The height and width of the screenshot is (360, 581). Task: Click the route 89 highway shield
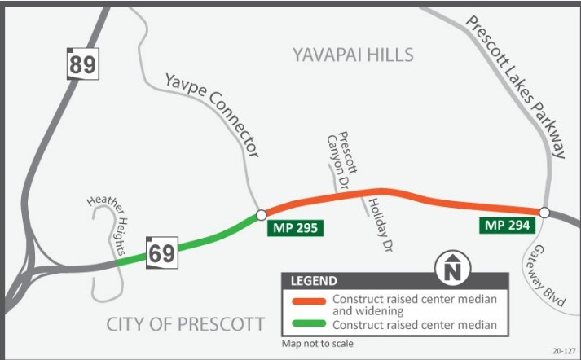82,64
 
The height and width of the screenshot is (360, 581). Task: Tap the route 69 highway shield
161,252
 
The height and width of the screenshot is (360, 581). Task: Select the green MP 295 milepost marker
295,226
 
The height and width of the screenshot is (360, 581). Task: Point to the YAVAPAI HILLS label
353,55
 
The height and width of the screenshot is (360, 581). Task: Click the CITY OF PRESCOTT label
186,324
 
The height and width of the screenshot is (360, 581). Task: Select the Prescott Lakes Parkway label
517,85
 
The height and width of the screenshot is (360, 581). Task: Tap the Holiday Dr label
376,221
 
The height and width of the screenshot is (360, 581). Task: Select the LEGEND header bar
395,281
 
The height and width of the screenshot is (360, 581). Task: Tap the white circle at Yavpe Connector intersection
261,214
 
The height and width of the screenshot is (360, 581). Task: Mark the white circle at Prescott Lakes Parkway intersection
544,213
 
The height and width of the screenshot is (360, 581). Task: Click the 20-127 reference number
562,351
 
